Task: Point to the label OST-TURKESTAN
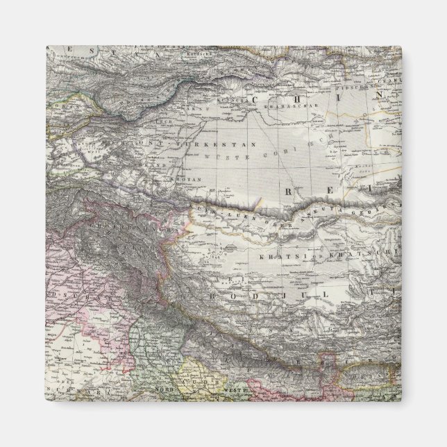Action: tap(185, 144)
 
